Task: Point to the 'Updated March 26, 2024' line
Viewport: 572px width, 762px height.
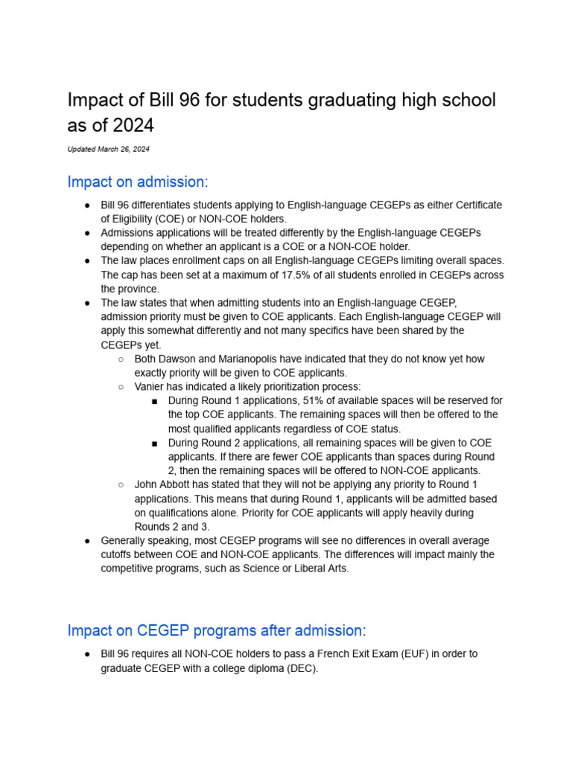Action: tap(108, 150)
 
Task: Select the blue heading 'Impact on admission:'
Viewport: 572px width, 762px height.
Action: tap(138, 182)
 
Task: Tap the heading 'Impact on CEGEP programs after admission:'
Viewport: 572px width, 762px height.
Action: tap(217, 630)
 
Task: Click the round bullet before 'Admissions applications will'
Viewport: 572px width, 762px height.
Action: tap(87, 233)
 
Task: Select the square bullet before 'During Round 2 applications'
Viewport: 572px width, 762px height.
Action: tap(154, 443)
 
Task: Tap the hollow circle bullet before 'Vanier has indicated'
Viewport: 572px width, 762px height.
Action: tap(121, 387)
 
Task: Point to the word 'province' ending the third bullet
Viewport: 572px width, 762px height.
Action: tap(139, 289)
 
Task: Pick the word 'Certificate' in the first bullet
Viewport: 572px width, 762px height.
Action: tap(477, 205)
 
